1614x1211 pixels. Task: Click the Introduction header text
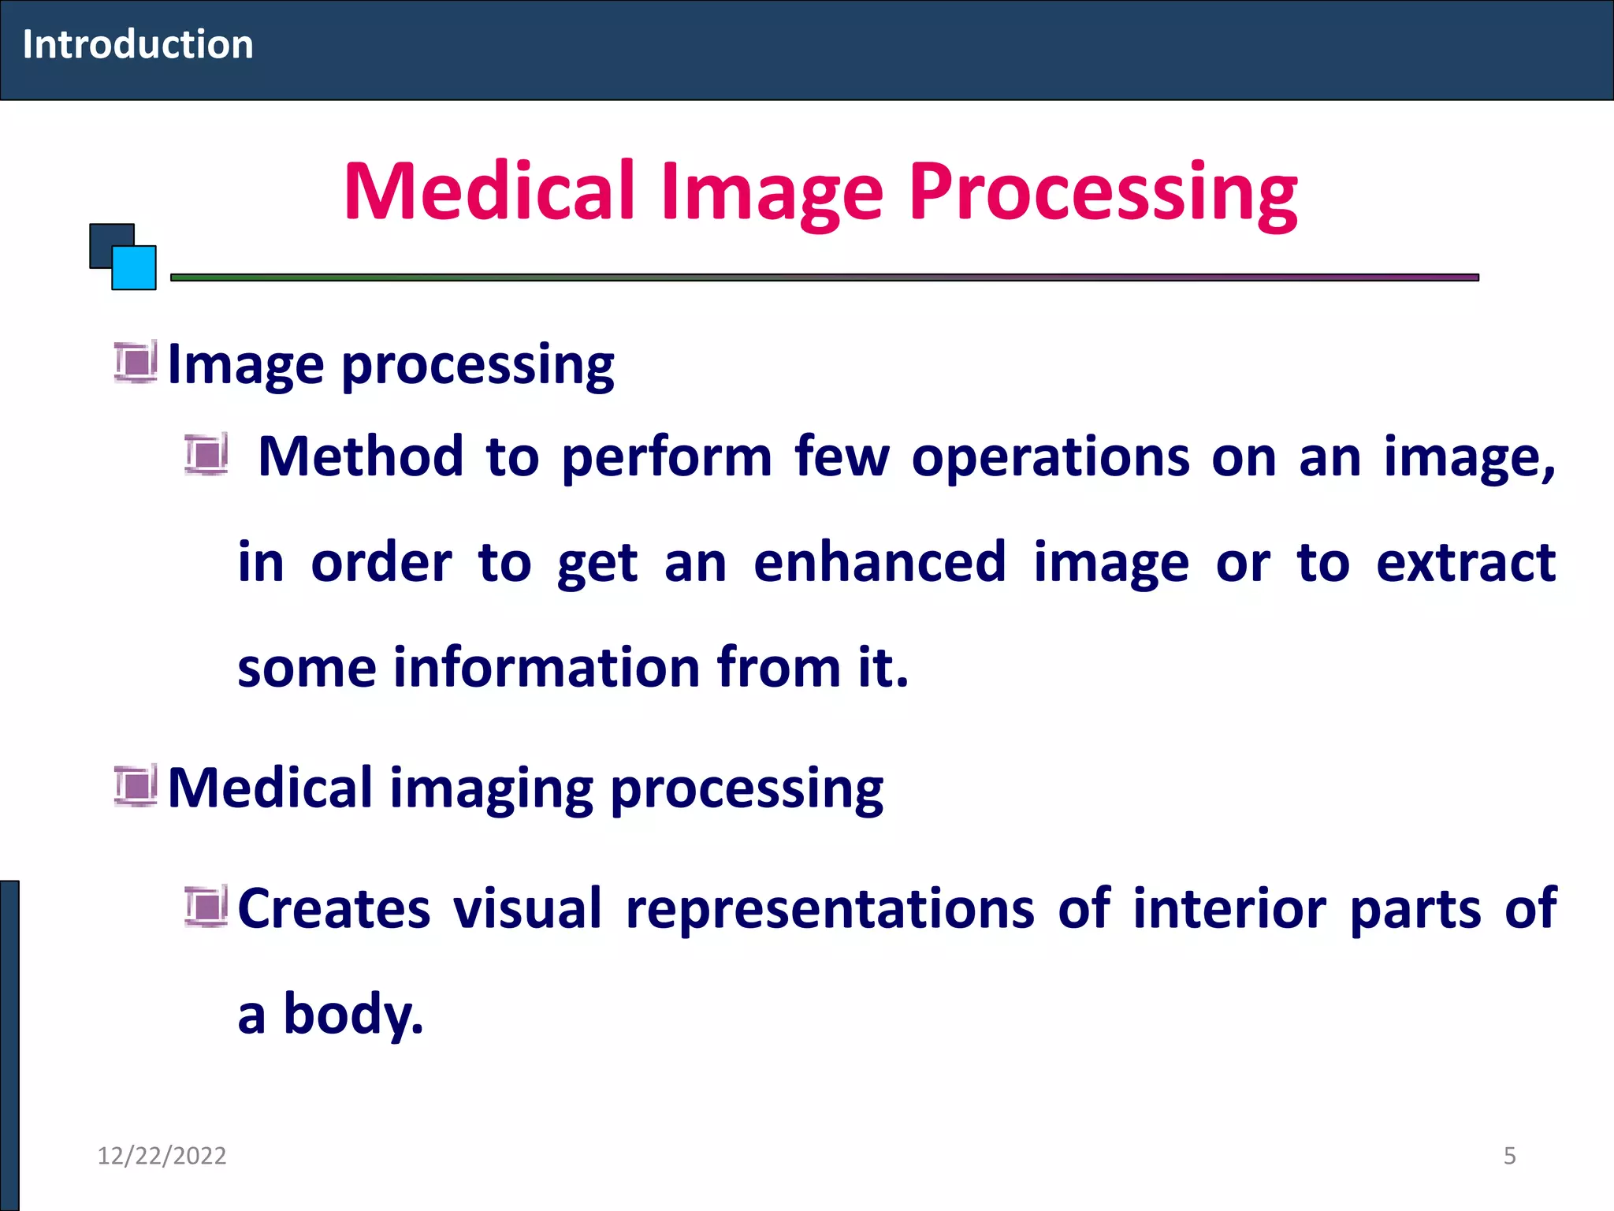coord(138,44)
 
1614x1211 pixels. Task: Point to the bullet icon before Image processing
coord(136,362)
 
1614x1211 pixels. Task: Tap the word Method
coord(360,456)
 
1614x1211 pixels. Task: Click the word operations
coord(1050,456)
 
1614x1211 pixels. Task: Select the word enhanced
coord(880,562)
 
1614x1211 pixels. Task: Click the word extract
coord(1465,562)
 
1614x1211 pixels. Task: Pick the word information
coord(546,668)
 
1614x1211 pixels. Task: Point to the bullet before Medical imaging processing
coord(136,786)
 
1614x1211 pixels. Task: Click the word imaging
coord(491,788)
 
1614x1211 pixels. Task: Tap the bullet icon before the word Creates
coord(206,906)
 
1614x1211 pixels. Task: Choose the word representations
coord(829,908)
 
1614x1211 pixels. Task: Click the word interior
coord(1229,908)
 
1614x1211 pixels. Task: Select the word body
coord(352,1014)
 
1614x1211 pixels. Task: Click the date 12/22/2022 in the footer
coord(162,1155)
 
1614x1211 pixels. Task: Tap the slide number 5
coord(1509,1155)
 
